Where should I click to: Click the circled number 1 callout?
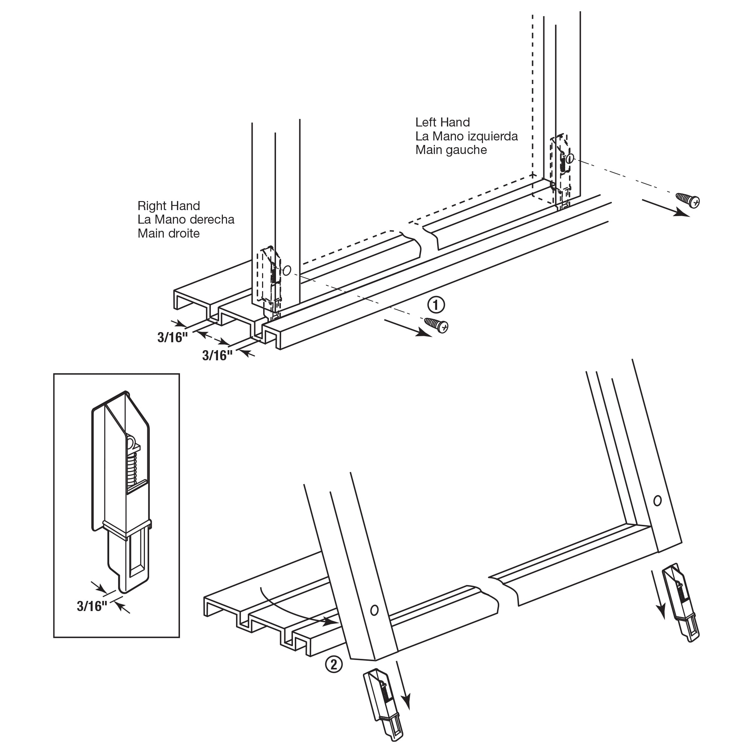[x=436, y=305]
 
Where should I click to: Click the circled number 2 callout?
[x=334, y=664]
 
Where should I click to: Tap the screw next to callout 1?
[x=436, y=325]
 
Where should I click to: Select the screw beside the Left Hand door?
[x=688, y=200]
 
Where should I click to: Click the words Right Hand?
[x=168, y=206]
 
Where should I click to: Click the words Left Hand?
[x=442, y=122]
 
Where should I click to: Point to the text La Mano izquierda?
[x=466, y=136]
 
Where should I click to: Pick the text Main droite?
[x=168, y=233]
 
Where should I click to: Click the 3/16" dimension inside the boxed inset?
[x=92, y=606]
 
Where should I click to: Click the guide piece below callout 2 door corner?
[x=383, y=706]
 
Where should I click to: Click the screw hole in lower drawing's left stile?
[x=374, y=610]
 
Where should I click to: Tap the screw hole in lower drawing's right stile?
[x=657, y=500]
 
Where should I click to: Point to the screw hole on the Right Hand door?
[x=287, y=270]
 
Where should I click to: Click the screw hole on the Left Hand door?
[x=570, y=158]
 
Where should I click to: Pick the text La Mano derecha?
[x=186, y=219]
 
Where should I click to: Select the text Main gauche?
[x=451, y=150]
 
